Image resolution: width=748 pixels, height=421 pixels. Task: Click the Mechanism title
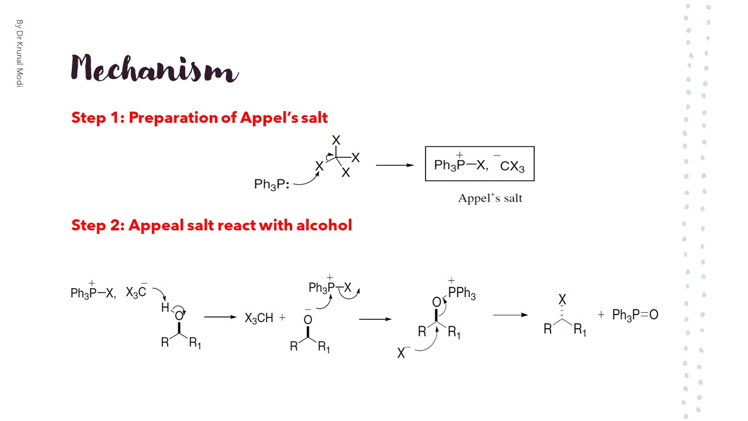pyautogui.click(x=154, y=69)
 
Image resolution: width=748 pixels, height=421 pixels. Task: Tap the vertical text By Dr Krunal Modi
pyautogui.click(x=19, y=53)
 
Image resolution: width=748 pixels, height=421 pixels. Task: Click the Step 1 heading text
pyautogui.click(x=199, y=118)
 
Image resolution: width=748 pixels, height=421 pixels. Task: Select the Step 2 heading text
pyautogui.click(x=212, y=225)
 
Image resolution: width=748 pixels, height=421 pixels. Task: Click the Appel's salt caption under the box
pyautogui.click(x=490, y=198)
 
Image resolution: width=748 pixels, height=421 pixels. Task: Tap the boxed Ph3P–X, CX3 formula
pyautogui.click(x=479, y=165)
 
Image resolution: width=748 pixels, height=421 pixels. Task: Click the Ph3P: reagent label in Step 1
pyautogui.click(x=272, y=185)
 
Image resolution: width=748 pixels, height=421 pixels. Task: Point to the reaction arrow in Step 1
pyautogui.click(x=394, y=165)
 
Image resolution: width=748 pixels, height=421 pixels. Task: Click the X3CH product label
pyautogui.click(x=259, y=319)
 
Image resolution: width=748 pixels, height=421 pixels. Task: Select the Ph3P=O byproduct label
pyautogui.click(x=635, y=315)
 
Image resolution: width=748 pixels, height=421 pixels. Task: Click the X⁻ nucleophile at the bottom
pyautogui.click(x=401, y=353)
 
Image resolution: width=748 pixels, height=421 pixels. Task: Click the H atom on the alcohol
pyautogui.click(x=165, y=308)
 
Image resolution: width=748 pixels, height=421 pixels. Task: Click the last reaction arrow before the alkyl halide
pyautogui.click(x=511, y=315)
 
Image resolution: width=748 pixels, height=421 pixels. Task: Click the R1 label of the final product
pyautogui.click(x=580, y=330)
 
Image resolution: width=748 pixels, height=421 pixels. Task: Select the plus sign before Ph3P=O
pyautogui.click(x=601, y=315)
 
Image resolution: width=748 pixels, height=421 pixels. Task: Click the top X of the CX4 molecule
pyautogui.click(x=336, y=140)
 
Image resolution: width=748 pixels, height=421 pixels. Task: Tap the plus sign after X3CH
pyautogui.click(x=283, y=318)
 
